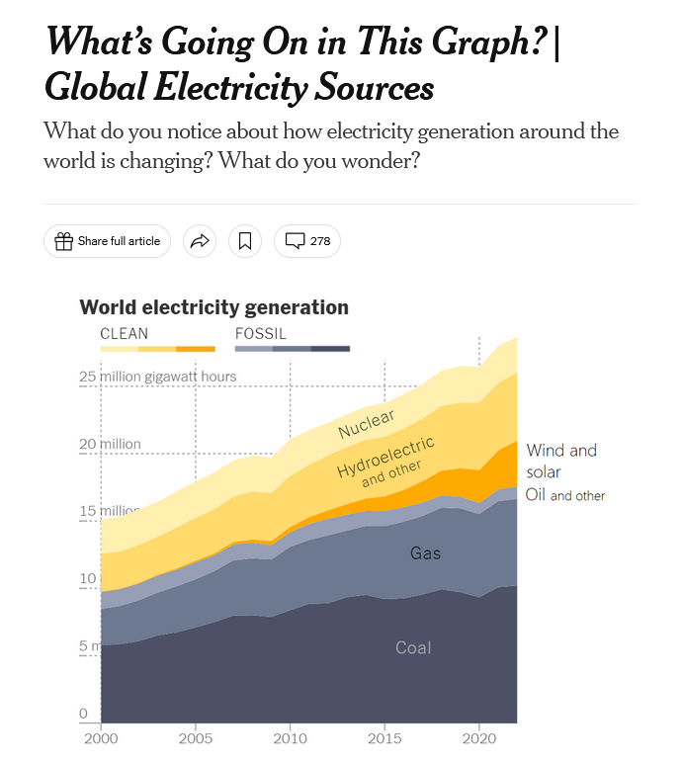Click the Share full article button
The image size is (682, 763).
point(108,241)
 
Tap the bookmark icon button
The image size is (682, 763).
point(245,241)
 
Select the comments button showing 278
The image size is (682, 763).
point(307,241)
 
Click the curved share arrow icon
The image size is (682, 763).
point(200,241)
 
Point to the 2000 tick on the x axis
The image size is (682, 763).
point(101,738)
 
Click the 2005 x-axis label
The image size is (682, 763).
point(196,738)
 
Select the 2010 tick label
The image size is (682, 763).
point(290,738)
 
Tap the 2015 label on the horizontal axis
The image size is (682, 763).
point(384,738)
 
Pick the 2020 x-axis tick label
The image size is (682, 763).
point(478,738)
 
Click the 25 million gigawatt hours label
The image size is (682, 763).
point(158,377)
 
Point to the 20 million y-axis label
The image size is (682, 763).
point(111,444)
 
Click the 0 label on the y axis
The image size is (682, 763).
point(83,714)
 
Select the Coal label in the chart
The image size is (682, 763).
point(413,648)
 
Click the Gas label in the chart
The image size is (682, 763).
point(425,553)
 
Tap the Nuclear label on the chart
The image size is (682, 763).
point(366,424)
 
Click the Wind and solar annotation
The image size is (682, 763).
point(560,461)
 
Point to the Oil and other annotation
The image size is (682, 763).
point(564,495)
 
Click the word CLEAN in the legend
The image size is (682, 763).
point(125,334)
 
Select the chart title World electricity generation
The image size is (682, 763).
point(213,307)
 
